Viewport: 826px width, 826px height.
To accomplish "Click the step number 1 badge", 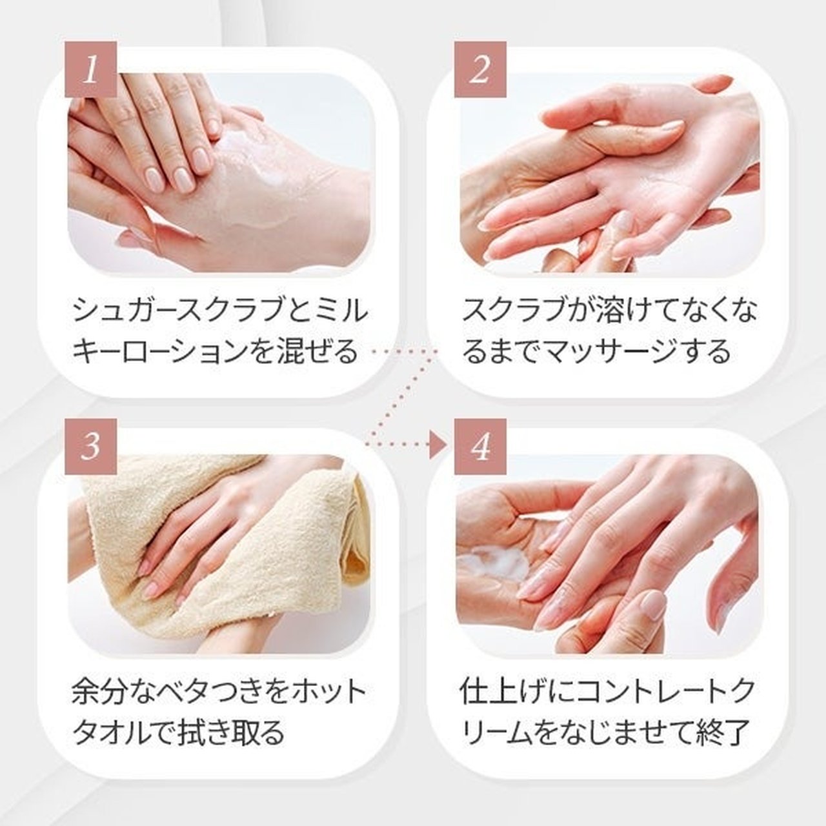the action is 91,69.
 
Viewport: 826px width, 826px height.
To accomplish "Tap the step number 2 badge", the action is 480,69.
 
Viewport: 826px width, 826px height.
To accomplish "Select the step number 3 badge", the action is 91,447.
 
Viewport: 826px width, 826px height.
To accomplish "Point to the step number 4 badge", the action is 480,447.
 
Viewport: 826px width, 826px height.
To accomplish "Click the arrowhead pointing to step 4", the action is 438,445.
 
